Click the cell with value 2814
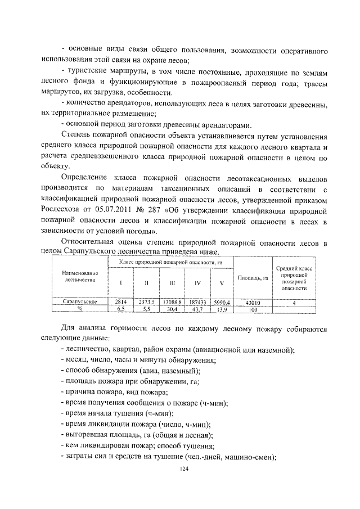tap(120, 302)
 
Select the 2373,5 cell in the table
tap(146, 302)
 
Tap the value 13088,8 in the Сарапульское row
tap(171, 302)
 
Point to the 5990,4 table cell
tap(221, 302)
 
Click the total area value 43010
tap(253, 302)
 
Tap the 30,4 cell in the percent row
tap(171, 309)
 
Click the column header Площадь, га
tap(253, 277)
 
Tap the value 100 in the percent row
tap(253, 309)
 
